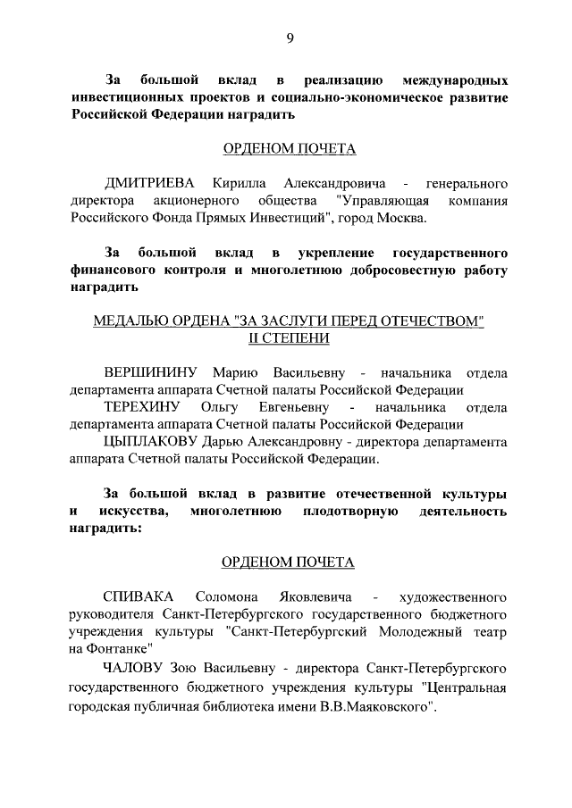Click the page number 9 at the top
[289, 37]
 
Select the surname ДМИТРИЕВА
[148, 182]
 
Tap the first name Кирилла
[238, 182]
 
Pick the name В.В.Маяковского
[374, 706]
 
